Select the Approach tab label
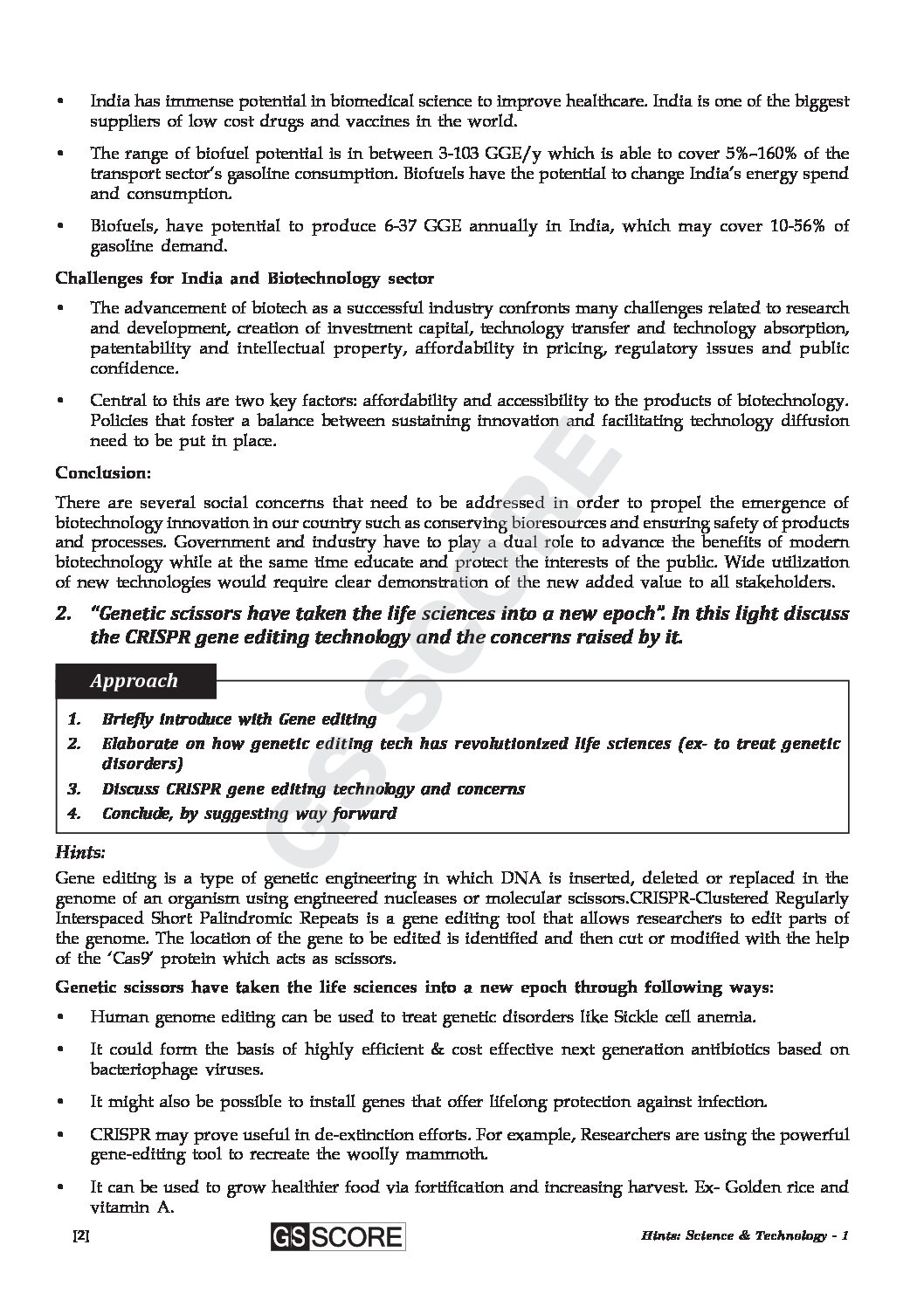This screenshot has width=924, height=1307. click(x=134, y=681)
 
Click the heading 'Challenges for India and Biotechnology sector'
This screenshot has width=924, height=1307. click(x=245, y=279)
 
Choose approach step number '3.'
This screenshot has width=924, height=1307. click(x=74, y=789)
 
